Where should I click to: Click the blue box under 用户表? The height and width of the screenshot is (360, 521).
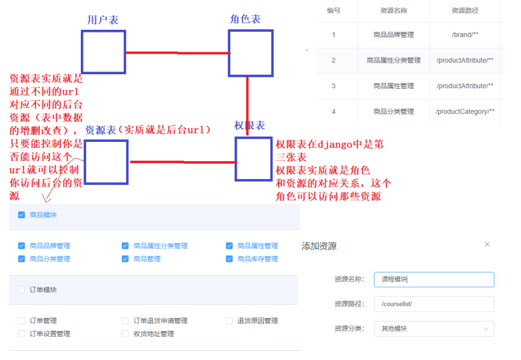pos(103,52)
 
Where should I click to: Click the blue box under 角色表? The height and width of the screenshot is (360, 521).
pos(251,52)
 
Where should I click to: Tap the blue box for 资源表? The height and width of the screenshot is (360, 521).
pos(106,161)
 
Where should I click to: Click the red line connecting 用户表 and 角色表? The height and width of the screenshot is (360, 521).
pos(177,52)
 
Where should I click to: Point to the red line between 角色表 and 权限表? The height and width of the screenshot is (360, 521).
pos(247,106)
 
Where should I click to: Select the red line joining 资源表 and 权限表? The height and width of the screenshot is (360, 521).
pos(182,161)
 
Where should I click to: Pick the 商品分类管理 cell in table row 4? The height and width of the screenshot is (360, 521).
pos(393,111)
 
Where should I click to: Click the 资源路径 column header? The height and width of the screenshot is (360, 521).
pos(465,11)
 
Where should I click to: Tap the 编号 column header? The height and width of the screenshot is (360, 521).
pos(333,11)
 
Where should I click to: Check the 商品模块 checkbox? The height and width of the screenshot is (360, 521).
pos(22,215)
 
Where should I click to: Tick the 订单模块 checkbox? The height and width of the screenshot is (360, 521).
pos(22,290)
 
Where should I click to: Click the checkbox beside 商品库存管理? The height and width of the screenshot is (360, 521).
pos(229,259)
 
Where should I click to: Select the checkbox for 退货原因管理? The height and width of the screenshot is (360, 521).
pos(229,321)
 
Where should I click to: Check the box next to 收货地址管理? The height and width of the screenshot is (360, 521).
pos(125,333)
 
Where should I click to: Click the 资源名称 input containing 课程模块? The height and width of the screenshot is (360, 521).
pos(434,279)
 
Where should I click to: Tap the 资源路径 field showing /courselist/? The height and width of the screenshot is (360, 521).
pos(434,304)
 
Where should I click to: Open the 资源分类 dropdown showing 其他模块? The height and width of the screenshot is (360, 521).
pos(434,328)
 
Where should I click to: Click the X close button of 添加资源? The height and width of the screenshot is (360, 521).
pos(487,245)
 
